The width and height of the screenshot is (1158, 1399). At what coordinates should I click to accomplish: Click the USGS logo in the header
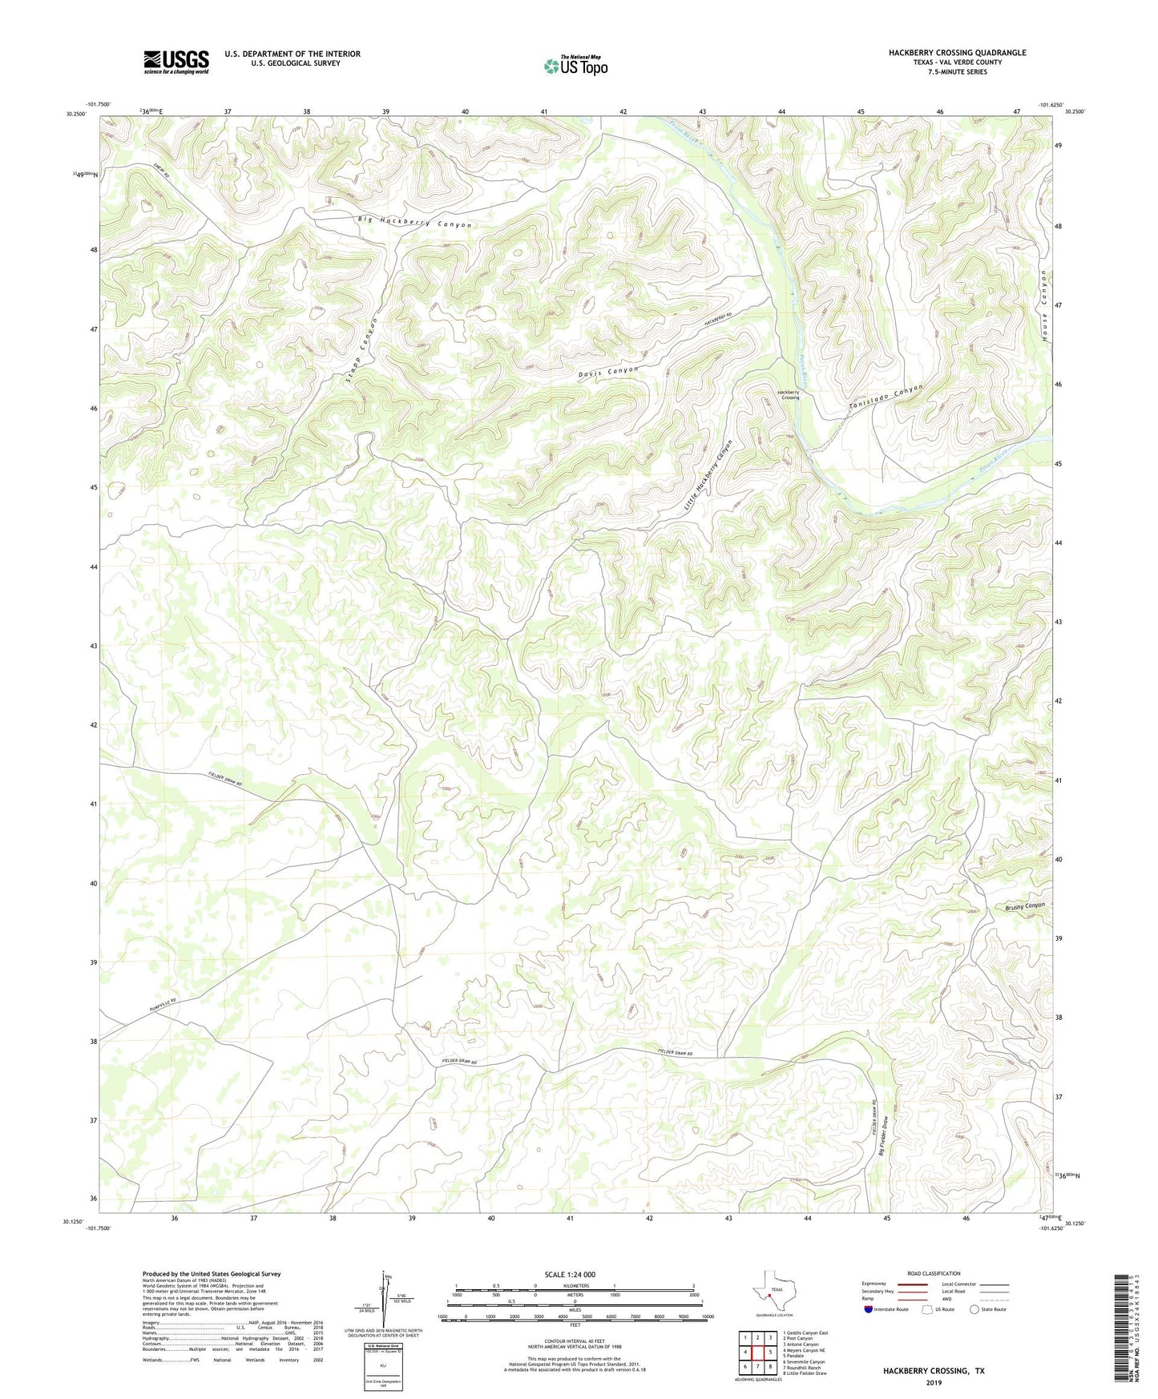(176, 62)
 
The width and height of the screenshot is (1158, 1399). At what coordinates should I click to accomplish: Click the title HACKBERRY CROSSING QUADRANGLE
(957, 53)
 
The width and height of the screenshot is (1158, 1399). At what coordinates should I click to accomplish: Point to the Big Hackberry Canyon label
(414, 223)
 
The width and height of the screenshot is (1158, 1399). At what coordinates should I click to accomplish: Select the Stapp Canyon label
(361, 351)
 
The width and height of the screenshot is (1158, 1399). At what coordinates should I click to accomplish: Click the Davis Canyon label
(608, 372)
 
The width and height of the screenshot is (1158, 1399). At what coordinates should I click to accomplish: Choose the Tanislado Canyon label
(886, 399)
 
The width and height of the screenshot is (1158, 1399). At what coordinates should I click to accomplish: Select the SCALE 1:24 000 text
(569, 1274)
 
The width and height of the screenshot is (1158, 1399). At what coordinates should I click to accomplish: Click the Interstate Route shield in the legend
(870, 1309)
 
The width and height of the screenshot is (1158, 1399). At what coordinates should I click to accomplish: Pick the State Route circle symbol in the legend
(974, 1309)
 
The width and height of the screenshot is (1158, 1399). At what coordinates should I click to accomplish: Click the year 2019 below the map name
(934, 1382)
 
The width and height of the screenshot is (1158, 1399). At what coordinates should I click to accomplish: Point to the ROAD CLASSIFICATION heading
(934, 1273)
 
